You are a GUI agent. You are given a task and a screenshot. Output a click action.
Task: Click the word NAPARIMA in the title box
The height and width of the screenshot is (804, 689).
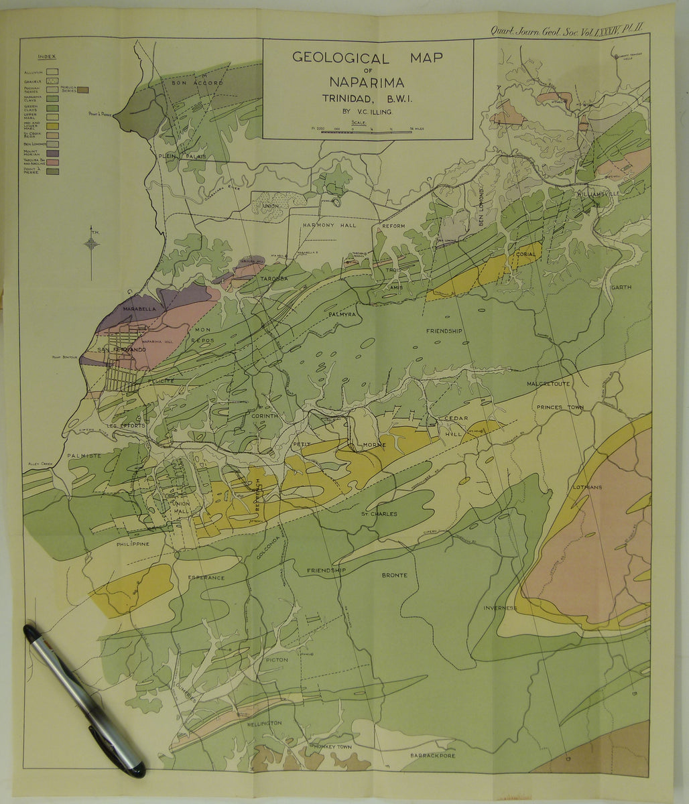point(367,82)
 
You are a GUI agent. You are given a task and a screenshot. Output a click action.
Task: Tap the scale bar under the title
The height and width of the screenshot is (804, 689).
point(367,132)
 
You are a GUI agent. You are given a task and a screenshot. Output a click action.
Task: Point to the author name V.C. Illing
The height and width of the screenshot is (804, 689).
point(367,112)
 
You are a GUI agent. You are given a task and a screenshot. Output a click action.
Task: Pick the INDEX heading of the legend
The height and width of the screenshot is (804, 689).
point(48,57)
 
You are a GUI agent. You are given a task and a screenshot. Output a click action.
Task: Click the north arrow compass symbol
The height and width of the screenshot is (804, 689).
point(92,244)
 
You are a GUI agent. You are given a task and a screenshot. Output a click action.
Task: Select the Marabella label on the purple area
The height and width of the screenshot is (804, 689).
point(139,309)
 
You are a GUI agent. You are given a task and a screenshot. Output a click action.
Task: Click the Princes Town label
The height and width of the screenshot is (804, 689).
point(560,407)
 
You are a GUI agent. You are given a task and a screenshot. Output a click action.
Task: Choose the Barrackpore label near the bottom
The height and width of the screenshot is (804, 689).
point(433,755)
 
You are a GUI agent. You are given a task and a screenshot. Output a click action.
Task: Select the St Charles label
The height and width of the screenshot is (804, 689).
point(379,514)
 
